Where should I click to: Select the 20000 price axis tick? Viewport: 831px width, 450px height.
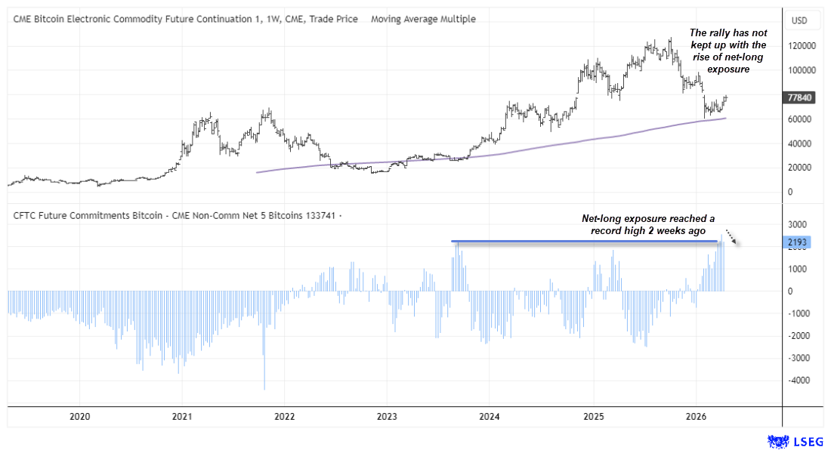click(x=802, y=167)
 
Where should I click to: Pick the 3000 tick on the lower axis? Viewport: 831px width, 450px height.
click(x=800, y=224)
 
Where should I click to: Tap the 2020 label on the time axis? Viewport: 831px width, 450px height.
click(x=79, y=416)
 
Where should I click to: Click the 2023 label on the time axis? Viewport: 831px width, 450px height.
click(x=386, y=416)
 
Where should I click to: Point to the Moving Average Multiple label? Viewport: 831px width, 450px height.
click(x=423, y=19)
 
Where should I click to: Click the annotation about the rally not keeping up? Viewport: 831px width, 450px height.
click(x=717, y=51)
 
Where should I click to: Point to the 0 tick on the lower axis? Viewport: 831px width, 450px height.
click(x=792, y=291)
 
